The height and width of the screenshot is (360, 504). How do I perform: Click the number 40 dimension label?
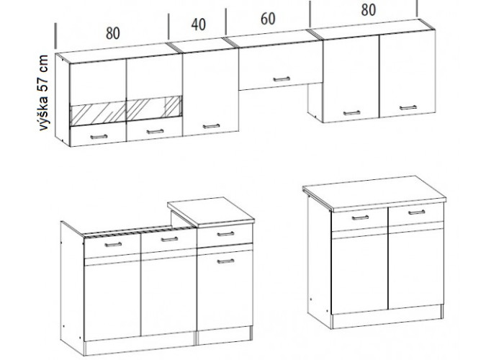(198, 24)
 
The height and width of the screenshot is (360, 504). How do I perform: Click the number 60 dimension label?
(268, 19)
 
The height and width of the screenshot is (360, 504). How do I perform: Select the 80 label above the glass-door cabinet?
(113, 33)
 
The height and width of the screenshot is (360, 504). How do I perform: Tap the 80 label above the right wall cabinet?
(369, 10)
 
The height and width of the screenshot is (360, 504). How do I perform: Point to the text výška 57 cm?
(43, 93)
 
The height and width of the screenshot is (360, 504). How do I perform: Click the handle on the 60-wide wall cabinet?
(282, 79)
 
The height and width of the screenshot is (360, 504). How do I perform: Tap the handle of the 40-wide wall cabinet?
(211, 126)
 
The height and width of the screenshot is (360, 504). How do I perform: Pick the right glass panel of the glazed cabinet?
(155, 108)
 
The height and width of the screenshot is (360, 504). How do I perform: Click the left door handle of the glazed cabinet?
(99, 137)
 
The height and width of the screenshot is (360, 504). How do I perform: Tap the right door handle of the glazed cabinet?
(156, 132)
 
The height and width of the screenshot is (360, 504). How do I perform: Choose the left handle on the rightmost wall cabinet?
(352, 113)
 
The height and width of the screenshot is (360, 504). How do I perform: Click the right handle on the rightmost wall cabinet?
(408, 108)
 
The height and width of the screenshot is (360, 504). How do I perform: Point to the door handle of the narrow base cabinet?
(225, 261)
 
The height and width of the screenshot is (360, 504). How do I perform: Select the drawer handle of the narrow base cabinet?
(225, 234)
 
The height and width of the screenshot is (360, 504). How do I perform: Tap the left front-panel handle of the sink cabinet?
(113, 245)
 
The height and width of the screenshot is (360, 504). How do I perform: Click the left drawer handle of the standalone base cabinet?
(360, 217)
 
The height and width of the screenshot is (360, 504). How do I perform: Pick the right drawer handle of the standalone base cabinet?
(417, 212)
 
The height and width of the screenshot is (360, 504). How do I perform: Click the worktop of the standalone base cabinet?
(374, 193)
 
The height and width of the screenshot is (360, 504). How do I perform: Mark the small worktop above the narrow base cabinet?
(211, 212)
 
